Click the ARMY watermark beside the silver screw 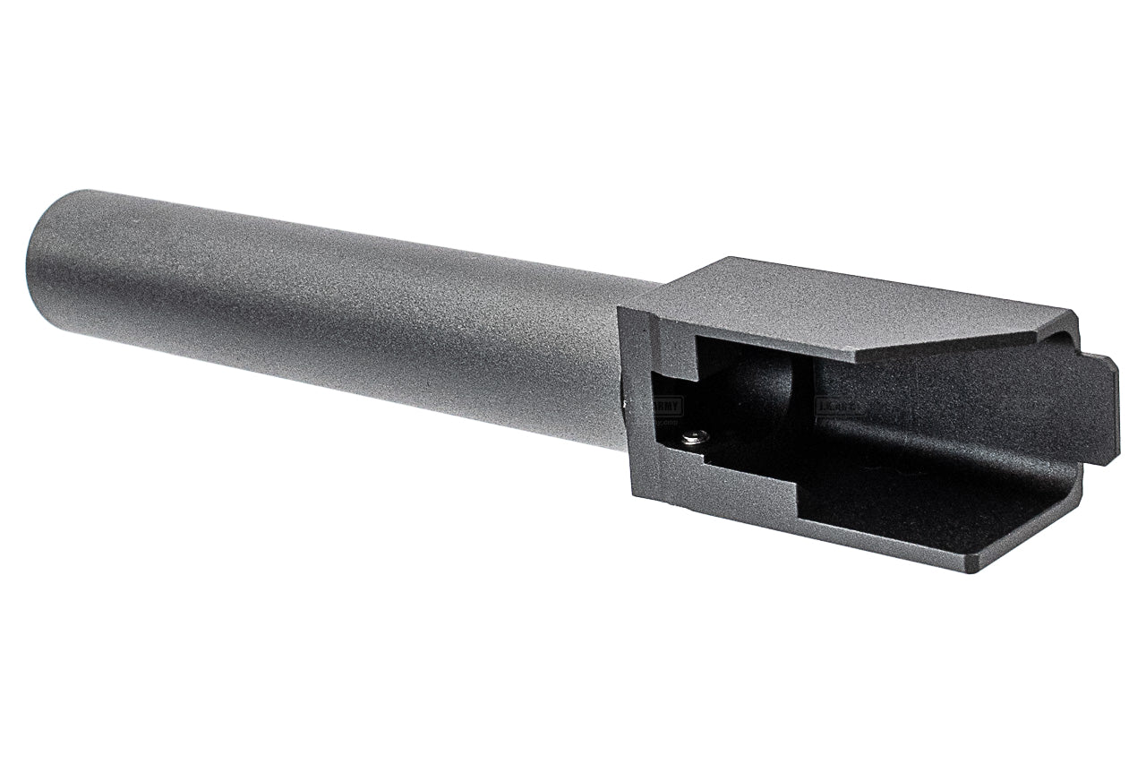pyautogui.click(x=666, y=406)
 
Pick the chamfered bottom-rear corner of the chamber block pyautogui.click(x=1030, y=546)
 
